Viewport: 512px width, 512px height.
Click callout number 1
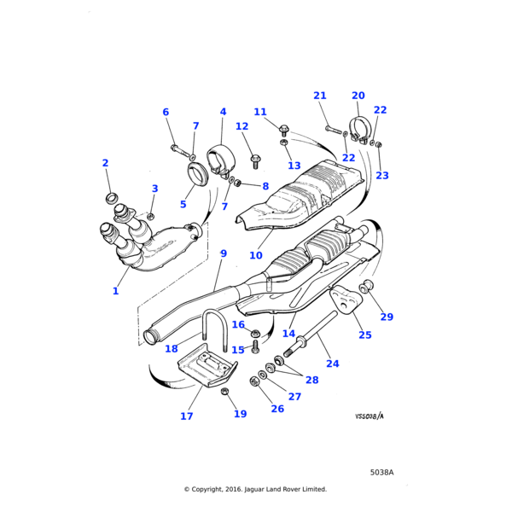click(x=115, y=291)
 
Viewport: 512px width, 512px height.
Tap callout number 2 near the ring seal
click(x=105, y=163)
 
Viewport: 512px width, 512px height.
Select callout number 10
click(x=255, y=255)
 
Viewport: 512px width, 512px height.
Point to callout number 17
click(x=186, y=416)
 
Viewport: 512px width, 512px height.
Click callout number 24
click(x=332, y=364)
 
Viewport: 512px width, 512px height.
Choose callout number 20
click(x=358, y=96)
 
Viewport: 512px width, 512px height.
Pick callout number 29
click(x=387, y=317)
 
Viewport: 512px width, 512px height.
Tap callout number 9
click(x=223, y=253)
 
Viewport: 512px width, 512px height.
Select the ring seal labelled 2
click(x=111, y=199)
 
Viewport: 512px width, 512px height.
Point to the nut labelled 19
click(x=225, y=392)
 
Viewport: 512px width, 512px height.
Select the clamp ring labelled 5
click(x=198, y=177)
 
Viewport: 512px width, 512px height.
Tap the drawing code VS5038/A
click(x=369, y=416)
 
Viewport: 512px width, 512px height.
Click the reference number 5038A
click(x=381, y=472)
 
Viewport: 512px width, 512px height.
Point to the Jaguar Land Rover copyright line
click(x=255, y=489)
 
